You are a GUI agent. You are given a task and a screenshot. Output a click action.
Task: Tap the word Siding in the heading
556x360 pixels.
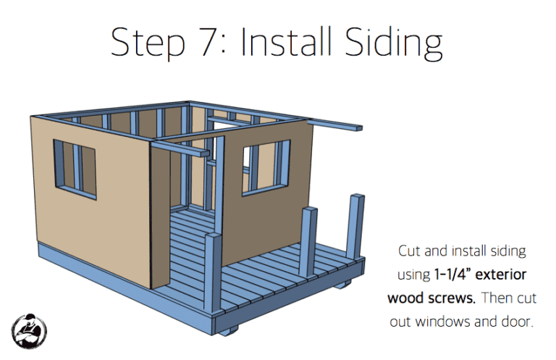tap(393, 43)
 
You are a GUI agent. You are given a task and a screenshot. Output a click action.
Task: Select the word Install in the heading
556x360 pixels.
tap(287, 41)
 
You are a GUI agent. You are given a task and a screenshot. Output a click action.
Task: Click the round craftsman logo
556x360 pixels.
tap(29, 331)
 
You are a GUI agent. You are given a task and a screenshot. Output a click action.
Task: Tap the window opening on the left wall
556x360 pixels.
tap(75, 169)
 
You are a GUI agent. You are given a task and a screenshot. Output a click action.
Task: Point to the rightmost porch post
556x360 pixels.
tap(355, 227)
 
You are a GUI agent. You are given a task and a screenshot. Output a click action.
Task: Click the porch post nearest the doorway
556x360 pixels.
tap(213, 273)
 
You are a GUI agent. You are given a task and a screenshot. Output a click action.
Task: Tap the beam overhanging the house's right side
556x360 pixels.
tap(334, 125)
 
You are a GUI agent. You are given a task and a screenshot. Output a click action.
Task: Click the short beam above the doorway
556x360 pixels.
tap(180, 148)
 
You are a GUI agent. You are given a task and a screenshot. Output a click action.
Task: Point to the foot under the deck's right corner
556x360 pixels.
tap(342, 284)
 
